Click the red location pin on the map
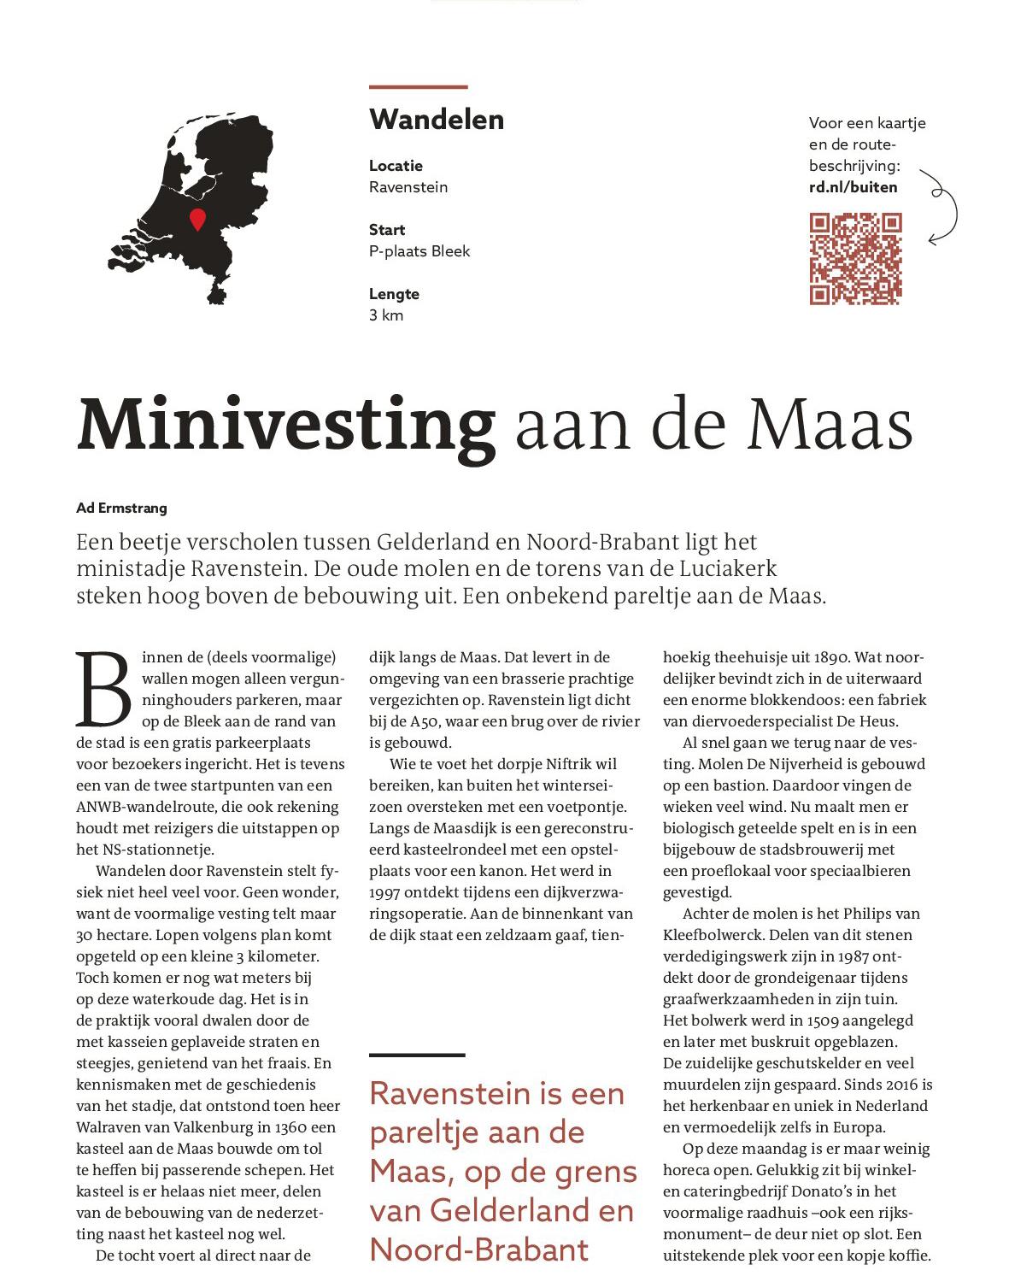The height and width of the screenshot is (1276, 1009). pyautogui.click(x=197, y=218)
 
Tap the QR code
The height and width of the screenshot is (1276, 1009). pyautogui.click(x=855, y=259)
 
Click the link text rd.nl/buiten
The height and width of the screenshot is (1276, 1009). pyautogui.click(x=853, y=187)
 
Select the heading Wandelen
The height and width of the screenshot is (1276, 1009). pyautogui.click(x=437, y=120)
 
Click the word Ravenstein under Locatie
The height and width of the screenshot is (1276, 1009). pyautogui.click(x=408, y=187)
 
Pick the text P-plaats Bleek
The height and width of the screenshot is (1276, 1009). pyautogui.click(x=419, y=251)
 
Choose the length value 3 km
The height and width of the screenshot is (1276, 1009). pyautogui.click(x=386, y=315)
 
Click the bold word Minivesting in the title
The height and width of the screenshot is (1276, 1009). pyautogui.click(x=286, y=425)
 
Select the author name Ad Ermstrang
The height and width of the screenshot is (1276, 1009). pyautogui.click(x=121, y=508)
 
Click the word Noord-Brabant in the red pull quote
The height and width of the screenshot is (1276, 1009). pyautogui.click(x=479, y=1250)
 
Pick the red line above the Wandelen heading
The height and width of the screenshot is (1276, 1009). pyautogui.click(x=418, y=86)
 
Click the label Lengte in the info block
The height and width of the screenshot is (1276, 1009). pyautogui.click(x=394, y=294)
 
